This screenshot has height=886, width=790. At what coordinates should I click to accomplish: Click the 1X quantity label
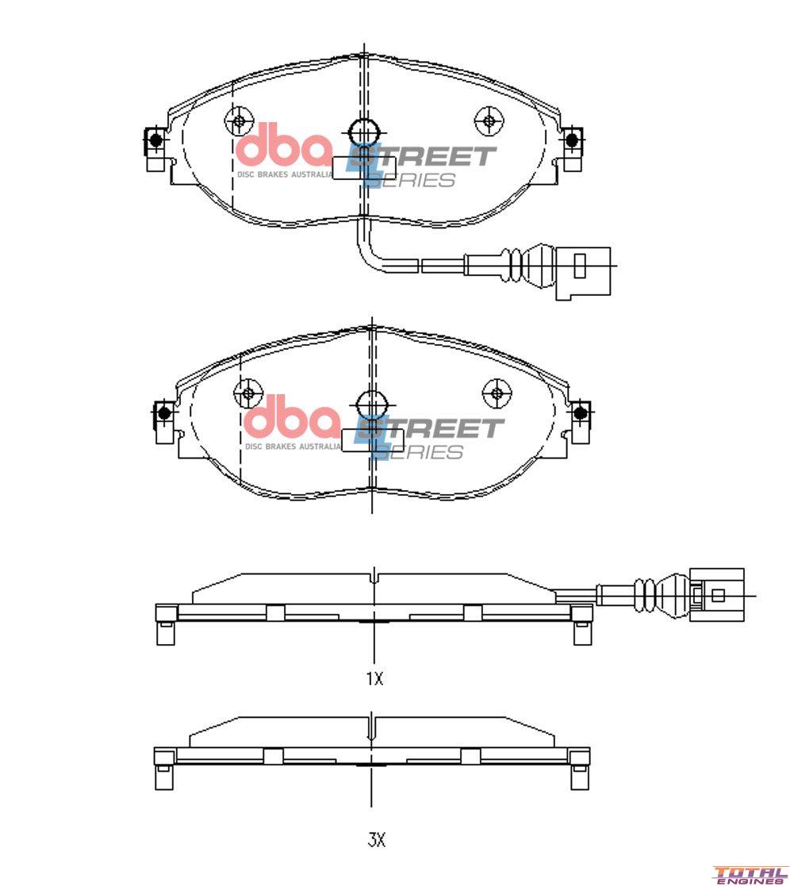pos(374,679)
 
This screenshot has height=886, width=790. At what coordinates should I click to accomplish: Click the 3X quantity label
pos(376,840)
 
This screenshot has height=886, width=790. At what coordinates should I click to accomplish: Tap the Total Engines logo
pos(750,874)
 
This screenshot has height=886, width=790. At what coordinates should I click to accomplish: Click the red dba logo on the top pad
pos(283,148)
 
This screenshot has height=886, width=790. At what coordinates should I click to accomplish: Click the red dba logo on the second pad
pos(291,420)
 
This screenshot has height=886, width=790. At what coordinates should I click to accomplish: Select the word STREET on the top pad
pos(428,156)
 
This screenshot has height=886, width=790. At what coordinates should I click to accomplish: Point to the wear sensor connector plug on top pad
pos(582,272)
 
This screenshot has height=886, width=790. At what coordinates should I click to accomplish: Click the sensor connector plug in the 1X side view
pos(717,595)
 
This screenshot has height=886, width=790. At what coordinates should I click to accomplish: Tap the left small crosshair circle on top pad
pos(238,121)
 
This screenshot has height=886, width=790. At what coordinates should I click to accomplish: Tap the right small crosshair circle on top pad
pos(489,121)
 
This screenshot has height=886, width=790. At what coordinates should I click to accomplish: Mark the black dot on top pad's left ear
pos(155,140)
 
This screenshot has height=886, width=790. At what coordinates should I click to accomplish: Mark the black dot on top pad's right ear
pos(570,140)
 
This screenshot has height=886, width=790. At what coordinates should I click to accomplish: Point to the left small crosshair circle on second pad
pos(247,393)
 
